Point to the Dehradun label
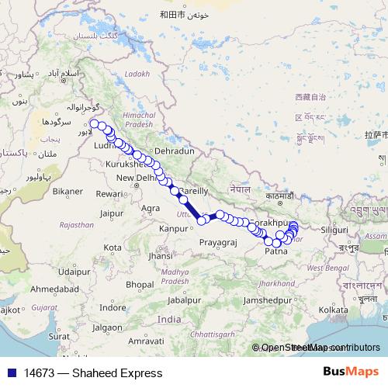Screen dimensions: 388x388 pyautogui.click(x=174, y=151)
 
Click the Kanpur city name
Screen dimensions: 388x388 pyautogui.click(x=173, y=229)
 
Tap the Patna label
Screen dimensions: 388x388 pyautogui.click(x=276, y=251)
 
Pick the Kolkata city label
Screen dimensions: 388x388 pyautogui.click(x=332, y=310)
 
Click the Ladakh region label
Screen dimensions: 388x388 pyautogui.click(x=136, y=74)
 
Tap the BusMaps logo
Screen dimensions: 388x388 pyautogui.click(x=355, y=372)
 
